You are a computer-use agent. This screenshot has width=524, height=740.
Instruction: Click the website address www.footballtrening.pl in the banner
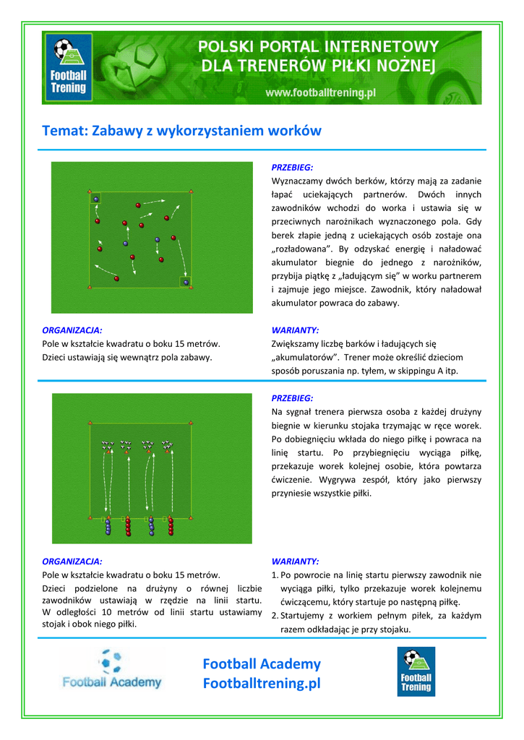click(x=320, y=93)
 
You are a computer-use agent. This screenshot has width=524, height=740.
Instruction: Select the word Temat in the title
click(x=64, y=131)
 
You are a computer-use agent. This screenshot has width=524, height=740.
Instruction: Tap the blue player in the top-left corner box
click(x=96, y=199)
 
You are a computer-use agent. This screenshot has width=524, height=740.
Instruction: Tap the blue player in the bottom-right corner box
click(x=186, y=282)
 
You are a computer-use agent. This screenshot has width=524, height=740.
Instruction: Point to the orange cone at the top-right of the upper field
click(x=191, y=192)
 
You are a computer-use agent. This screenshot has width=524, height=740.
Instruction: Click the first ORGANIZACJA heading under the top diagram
click(x=72, y=330)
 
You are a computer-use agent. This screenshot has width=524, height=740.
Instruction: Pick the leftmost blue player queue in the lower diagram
click(x=108, y=527)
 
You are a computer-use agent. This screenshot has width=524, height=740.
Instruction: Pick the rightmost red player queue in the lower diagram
click(x=171, y=527)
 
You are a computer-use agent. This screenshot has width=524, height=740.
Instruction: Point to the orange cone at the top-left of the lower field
click(x=90, y=421)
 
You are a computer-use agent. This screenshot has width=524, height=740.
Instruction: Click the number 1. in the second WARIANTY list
click(x=275, y=575)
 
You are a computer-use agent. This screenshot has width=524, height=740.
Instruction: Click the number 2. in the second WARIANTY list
click(x=275, y=616)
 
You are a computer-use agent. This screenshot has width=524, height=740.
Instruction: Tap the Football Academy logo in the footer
click(x=112, y=670)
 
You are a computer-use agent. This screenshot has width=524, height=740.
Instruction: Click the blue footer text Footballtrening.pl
click(x=261, y=684)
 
